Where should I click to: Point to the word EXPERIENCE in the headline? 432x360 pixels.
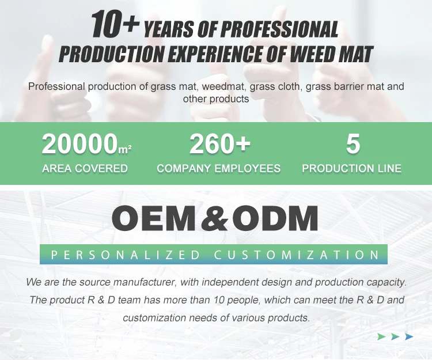pyautogui.click(x=215, y=54)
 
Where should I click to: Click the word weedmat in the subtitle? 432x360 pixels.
pyautogui.click(x=223, y=86)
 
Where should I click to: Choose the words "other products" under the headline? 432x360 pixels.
pyautogui.click(x=216, y=98)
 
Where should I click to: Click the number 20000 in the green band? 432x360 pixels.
pyautogui.click(x=79, y=144)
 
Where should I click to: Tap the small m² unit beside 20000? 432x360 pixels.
pyautogui.click(x=124, y=149)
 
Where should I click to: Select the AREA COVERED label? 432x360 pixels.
pyautogui.click(x=85, y=168)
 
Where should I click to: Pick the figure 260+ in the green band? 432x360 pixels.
pyautogui.click(x=220, y=143)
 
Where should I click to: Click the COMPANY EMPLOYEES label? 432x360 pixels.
pyautogui.click(x=219, y=168)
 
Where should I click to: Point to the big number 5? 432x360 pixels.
pyautogui.click(x=353, y=143)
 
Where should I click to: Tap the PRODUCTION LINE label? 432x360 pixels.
pyautogui.click(x=351, y=168)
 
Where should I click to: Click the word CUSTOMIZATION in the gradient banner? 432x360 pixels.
pyautogui.click(x=297, y=255)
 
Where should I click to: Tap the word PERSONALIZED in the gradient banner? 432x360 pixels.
pyautogui.click(x=126, y=255)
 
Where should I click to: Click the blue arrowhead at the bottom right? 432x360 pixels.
pyautogui.click(x=409, y=336)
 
